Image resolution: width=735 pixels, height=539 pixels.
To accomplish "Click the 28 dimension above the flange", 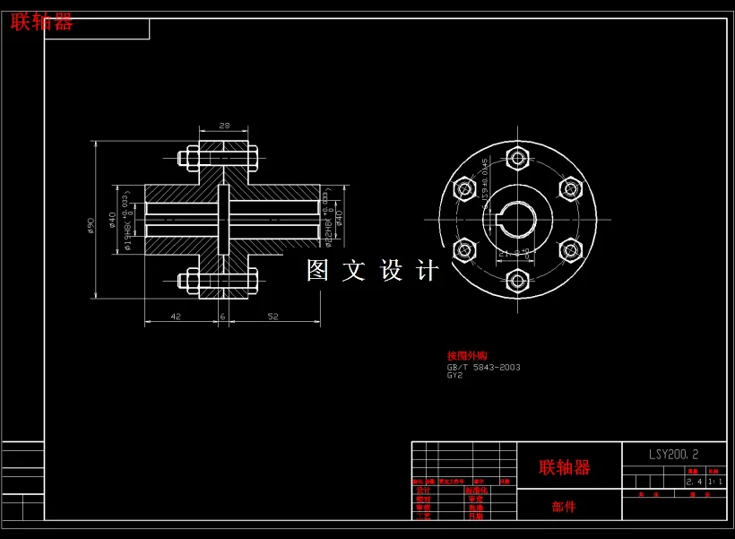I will pyautogui.click(x=224, y=126).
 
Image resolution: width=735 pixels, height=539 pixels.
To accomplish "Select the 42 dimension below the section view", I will pyautogui.click(x=176, y=317).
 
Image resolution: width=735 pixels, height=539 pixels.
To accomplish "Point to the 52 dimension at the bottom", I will pyautogui.click(x=272, y=317).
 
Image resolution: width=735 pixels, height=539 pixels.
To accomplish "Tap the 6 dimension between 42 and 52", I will pyautogui.click(x=222, y=317).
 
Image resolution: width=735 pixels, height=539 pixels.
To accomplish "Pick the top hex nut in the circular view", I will pyautogui.click(x=516, y=160).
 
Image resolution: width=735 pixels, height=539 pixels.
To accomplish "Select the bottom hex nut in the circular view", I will pyautogui.click(x=516, y=280).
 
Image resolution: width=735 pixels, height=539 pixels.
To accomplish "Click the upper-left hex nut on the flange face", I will pyautogui.click(x=464, y=189).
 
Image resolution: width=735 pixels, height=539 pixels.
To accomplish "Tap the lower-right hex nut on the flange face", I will pyautogui.click(x=569, y=249).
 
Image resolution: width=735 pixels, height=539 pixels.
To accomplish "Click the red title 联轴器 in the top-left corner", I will pyautogui.click(x=41, y=22).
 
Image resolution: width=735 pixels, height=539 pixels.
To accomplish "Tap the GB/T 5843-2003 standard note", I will pyautogui.click(x=483, y=367).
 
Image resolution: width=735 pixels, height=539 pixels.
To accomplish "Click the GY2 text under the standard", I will pyautogui.click(x=455, y=376).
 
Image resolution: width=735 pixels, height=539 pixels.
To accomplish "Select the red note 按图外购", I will pyautogui.click(x=467, y=356).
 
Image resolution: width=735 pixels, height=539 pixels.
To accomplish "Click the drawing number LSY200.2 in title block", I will pyautogui.click(x=674, y=454).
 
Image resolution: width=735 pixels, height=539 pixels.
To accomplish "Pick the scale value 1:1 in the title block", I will pyautogui.click(x=715, y=482).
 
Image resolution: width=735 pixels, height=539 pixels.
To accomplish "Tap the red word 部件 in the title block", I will pyautogui.click(x=564, y=507).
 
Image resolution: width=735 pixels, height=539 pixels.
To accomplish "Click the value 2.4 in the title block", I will pyautogui.click(x=693, y=482).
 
